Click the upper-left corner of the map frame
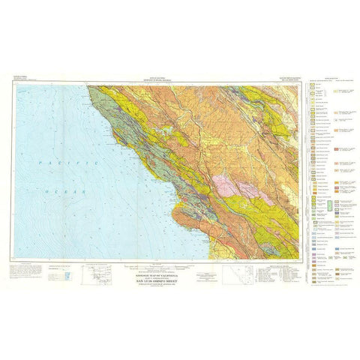coord(13,85)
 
